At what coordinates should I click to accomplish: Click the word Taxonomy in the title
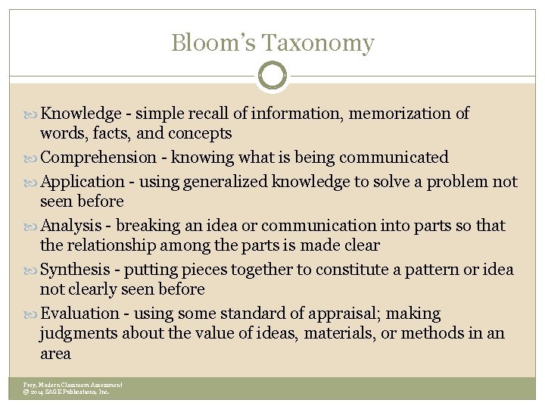pos(327,44)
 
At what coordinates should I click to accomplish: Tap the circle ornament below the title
pos(272,76)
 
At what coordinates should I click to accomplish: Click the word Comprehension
pos(98,158)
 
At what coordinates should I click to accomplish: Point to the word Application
pos(83,182)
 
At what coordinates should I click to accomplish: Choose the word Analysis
pos(72,226)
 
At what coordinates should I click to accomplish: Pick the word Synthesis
pos(77,270)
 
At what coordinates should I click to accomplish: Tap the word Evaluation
pos(79,314)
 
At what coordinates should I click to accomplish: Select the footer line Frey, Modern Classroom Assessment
pos(73,385)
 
